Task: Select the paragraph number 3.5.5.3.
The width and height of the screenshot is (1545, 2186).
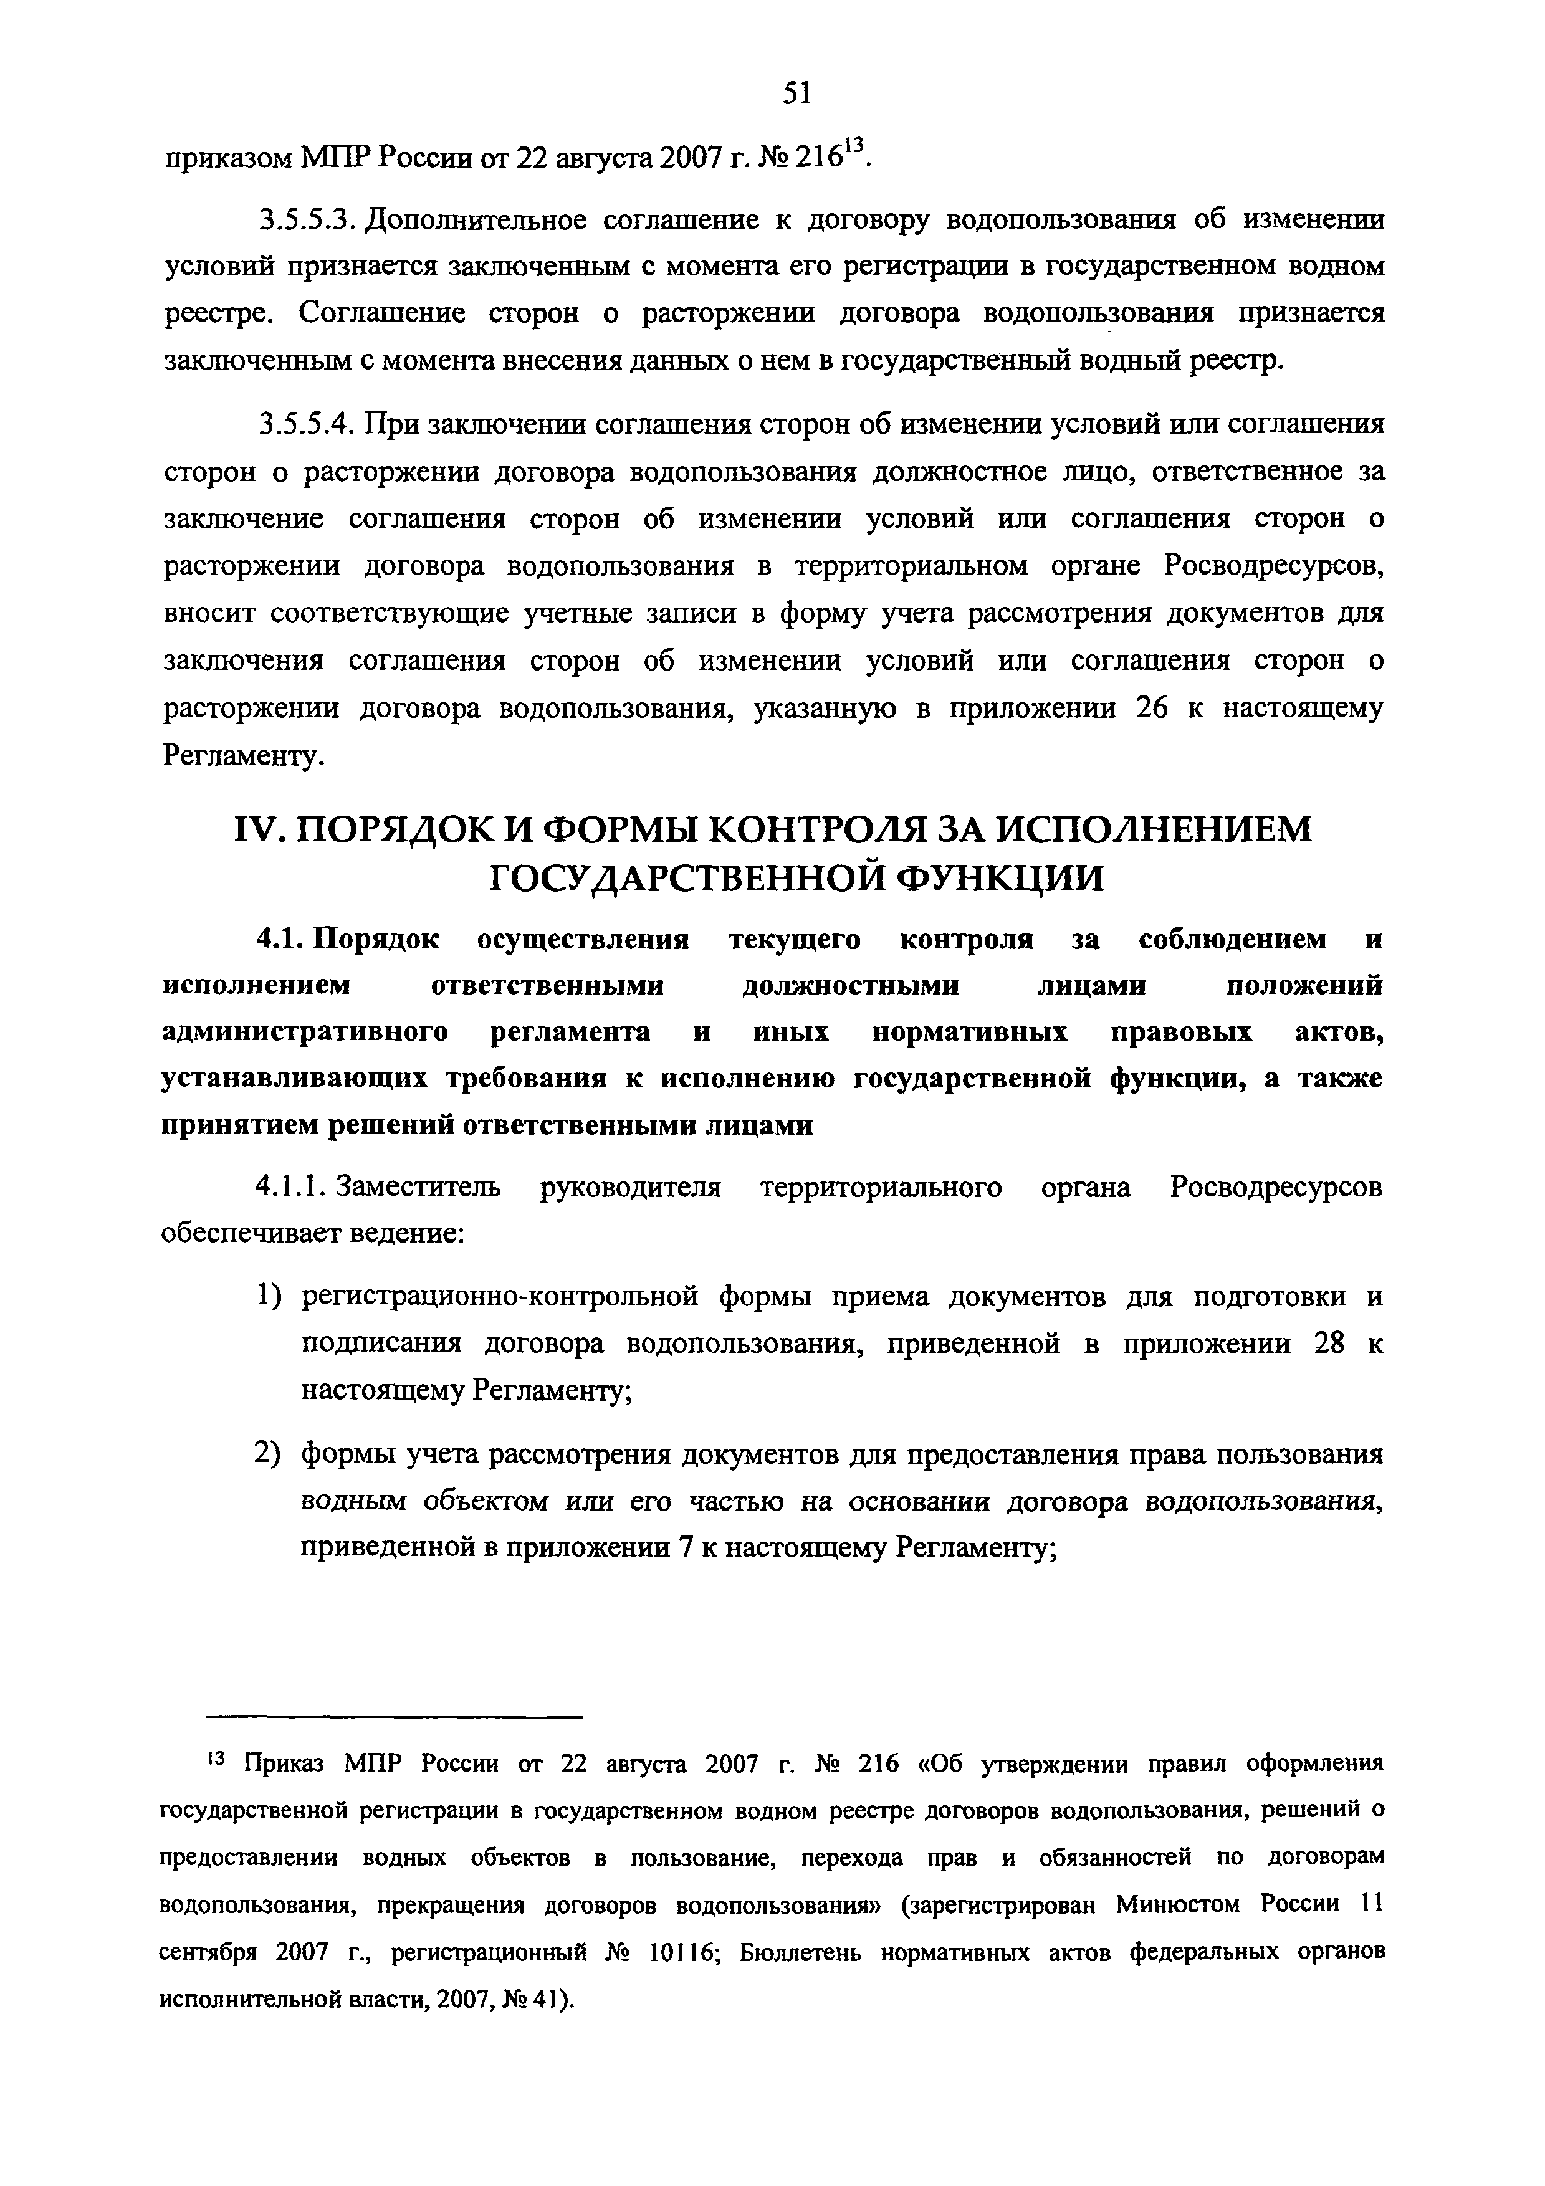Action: pos(307,221)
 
